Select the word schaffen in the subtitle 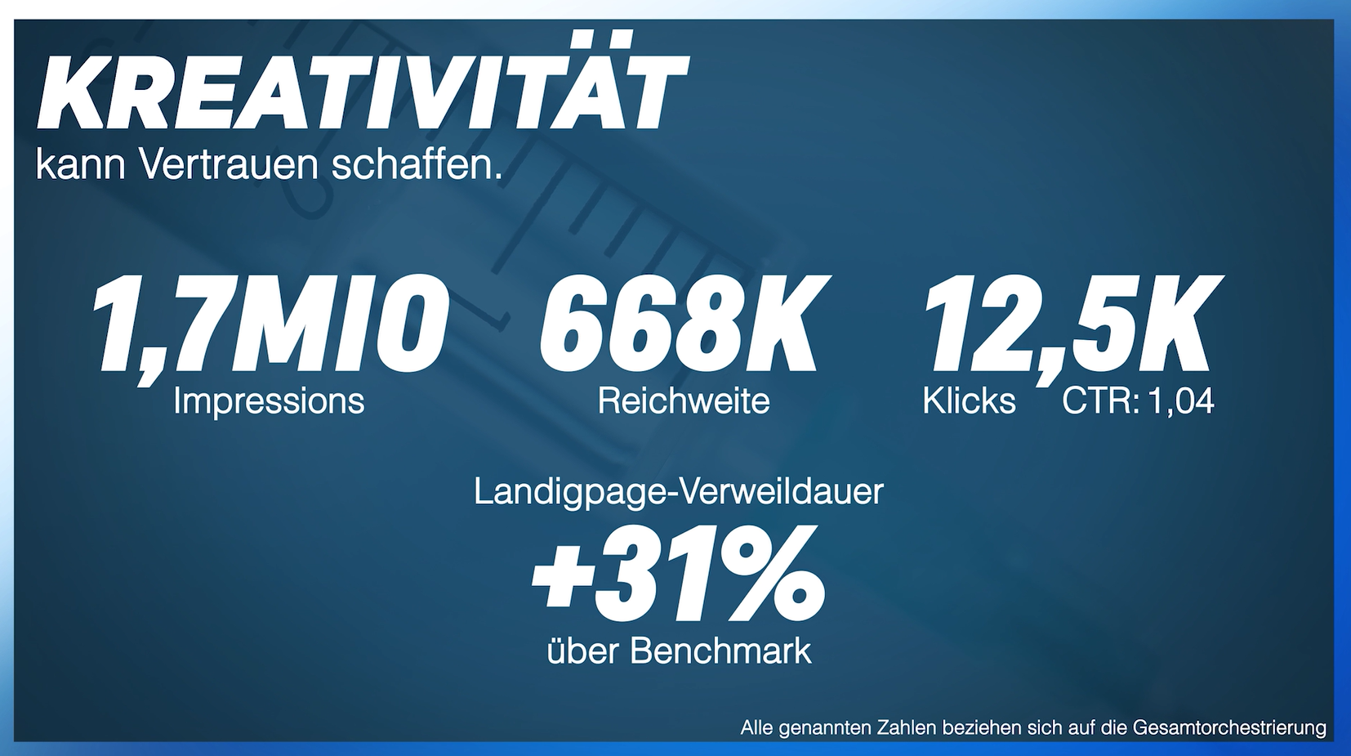coord(415,166)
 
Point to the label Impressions coord(269,401)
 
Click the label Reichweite coord(684,401)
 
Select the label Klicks coord(969,401)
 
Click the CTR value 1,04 coord(1180,401)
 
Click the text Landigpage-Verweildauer coord(679,492)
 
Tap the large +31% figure coord(679,575)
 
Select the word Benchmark coord(721,651)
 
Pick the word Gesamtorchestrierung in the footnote coord(1229,727)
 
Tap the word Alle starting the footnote coord(756,727)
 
